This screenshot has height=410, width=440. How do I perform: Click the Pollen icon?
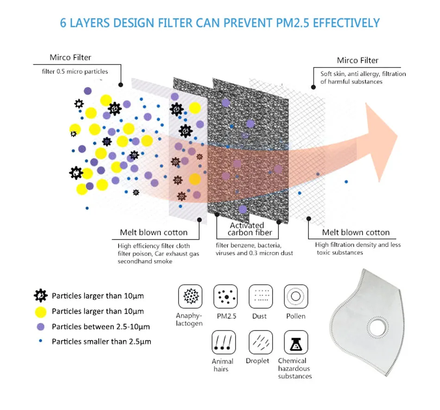click(295, 296)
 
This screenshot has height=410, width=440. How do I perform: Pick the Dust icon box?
click(260, 296)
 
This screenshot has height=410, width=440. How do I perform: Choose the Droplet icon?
click(258, 342)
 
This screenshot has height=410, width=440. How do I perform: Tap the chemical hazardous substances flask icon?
click(295, 342)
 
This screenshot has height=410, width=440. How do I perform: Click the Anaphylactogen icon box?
click(189, 296)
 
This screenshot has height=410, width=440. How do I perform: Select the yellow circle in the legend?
click(41, 311)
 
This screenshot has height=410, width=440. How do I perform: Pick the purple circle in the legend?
click(41, 327)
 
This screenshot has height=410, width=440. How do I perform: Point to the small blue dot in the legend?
click(41, 341)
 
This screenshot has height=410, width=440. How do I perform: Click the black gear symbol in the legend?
click(41, 295)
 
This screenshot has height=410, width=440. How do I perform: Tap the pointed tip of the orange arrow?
click(397, 138)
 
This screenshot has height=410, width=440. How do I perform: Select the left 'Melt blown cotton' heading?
click(154, 233)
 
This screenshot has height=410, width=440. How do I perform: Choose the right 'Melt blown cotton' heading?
click(356, 233)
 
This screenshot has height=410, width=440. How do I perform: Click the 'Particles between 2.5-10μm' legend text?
click(101, 327)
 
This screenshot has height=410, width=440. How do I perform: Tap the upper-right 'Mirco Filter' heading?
click(358, 60)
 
